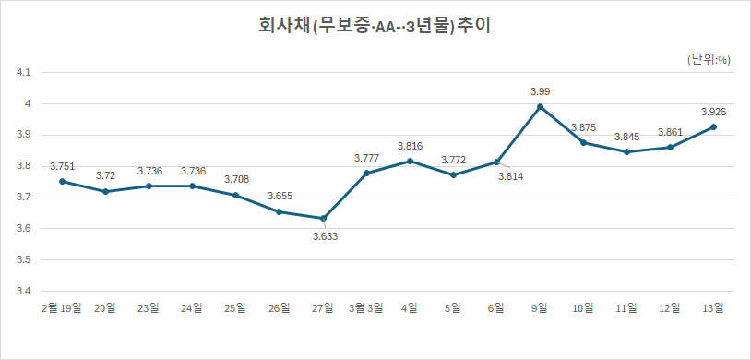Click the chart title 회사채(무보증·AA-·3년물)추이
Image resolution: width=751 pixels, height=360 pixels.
[375, 26]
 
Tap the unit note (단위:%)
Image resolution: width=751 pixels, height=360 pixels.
[709, 59]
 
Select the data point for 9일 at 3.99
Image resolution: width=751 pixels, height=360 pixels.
[541, 106]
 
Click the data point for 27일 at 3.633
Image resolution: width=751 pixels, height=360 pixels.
[323, 219]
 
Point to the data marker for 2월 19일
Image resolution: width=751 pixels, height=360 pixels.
[62, 181]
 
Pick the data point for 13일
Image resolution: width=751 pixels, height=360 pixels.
[714, 126]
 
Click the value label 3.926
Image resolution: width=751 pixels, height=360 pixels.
[714, 112]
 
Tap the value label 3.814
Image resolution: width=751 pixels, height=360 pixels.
[511, 176]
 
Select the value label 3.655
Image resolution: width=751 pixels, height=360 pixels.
[280, 196]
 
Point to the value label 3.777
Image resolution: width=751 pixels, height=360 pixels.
[367, 158]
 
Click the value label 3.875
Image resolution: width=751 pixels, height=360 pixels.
[583, 127]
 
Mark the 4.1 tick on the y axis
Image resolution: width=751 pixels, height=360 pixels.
[24, 72]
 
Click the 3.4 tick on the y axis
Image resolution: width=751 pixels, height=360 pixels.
[24, 292]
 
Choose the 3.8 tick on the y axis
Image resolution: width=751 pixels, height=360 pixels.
[24, 166]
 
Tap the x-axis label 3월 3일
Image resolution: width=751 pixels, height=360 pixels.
[366, 307]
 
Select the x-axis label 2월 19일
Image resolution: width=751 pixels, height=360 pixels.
[62, 307]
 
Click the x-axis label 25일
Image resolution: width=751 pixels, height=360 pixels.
[236, 307]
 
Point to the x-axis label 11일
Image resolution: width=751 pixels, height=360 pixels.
[627, 307]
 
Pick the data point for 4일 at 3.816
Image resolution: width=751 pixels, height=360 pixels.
[410, 161]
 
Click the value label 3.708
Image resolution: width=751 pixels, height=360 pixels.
[236, 179]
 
